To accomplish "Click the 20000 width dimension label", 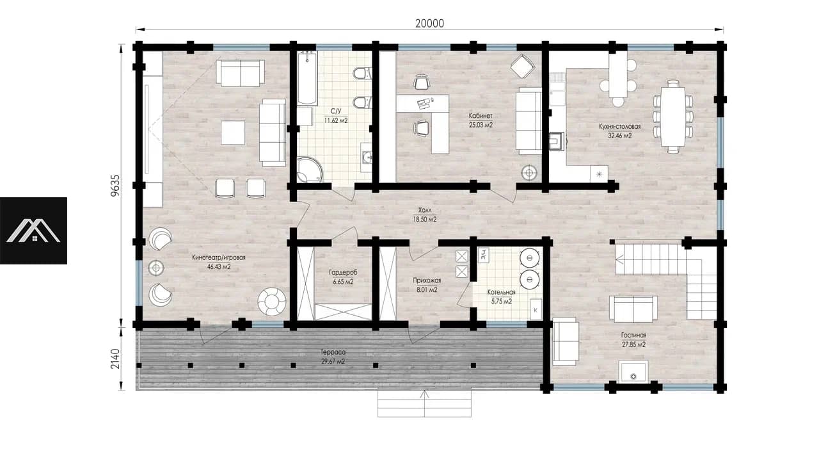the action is [x=429, y=24].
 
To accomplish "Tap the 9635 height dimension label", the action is [x=115, y=186].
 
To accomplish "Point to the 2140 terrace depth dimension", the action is [x=115, y=359].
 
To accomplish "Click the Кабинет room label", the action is [x=481, y=116].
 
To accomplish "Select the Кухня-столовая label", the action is [x=620, y=127].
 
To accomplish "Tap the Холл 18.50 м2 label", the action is [x=425, y=215].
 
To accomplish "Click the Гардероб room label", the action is [x=343, y=273].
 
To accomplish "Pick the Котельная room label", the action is [x=501, y=293].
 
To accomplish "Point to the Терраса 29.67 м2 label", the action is [x=333, y=357].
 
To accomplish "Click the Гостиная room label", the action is [x=633, y=335].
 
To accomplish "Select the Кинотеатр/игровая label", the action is [x=219, y=257].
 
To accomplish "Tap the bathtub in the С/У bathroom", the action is [x=307, y=79].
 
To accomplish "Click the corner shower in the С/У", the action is [x=309, y=170].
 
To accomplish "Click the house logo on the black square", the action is [x=33, y=230].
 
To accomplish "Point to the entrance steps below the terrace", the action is [x=424, y=403].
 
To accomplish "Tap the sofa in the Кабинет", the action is [x=529, y=121].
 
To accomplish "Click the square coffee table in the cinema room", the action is [x=233, y=133].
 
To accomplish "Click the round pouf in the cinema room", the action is [x=272, y=302].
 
